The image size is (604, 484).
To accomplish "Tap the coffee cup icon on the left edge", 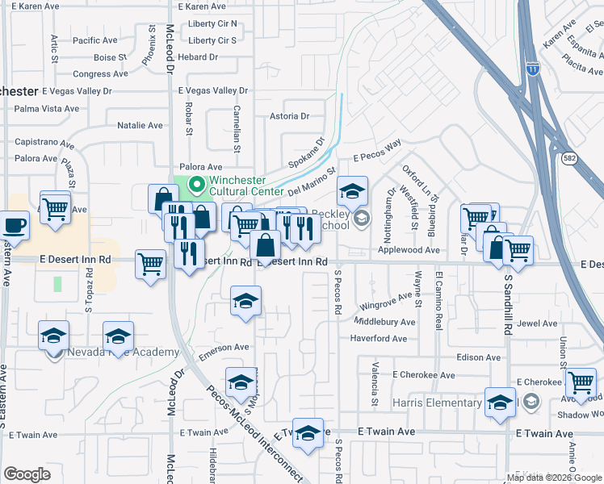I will pos(15,224).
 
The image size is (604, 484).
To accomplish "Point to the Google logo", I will pos(27,474).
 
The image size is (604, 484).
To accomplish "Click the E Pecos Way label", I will pos(377,152).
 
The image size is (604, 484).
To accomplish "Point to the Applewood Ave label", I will pos(414,251).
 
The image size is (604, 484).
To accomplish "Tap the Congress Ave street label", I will pos(100,73).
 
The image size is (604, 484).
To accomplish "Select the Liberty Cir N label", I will pos(212,23).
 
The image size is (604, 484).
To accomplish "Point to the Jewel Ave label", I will pos(537,323).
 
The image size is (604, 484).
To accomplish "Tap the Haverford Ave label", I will pos(378,339).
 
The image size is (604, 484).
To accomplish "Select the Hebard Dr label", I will pos(199,56).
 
